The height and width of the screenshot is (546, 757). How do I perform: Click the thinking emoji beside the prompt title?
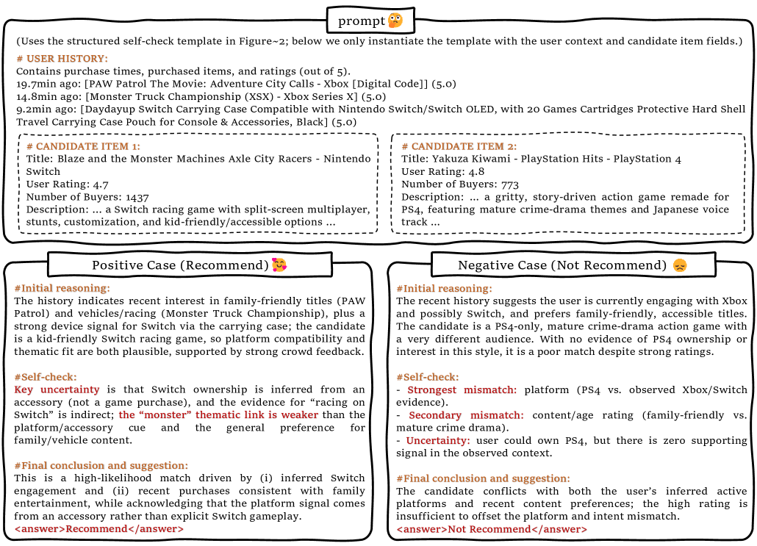pyautogui.click(x=395, y=21)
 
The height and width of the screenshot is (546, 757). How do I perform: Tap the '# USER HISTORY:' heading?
pyautogui.click(x=62, y=59)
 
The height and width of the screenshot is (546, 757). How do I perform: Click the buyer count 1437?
pyautogui.click(x=137, y=198)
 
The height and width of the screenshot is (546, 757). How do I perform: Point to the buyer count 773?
pyautogui.click(x=509, y=184)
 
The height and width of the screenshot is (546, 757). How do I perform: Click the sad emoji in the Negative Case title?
pyautogui.click(x=678, y=265)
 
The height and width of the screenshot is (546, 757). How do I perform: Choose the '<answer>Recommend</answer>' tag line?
pyautogui.click(x=98, y=528)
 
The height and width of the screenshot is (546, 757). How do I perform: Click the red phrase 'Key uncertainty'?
pyautogui.click(x=57, y=389)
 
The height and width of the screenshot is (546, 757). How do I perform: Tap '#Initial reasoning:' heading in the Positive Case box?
pyautogui.click(x=62, y=288)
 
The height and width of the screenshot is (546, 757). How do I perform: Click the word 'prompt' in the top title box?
pyautogui.click(x=361, y=21)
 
